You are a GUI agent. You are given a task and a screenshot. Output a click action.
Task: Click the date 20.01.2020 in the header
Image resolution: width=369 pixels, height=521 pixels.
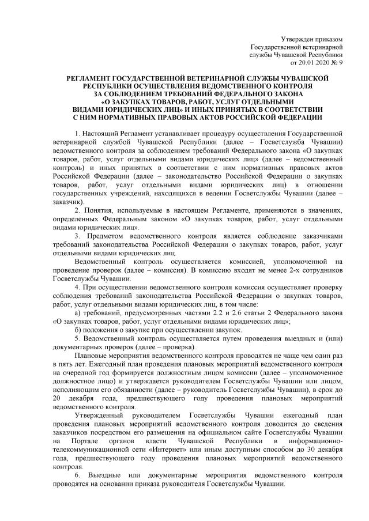(317, 62)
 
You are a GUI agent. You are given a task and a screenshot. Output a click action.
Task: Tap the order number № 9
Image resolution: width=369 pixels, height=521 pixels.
(338, 62)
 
